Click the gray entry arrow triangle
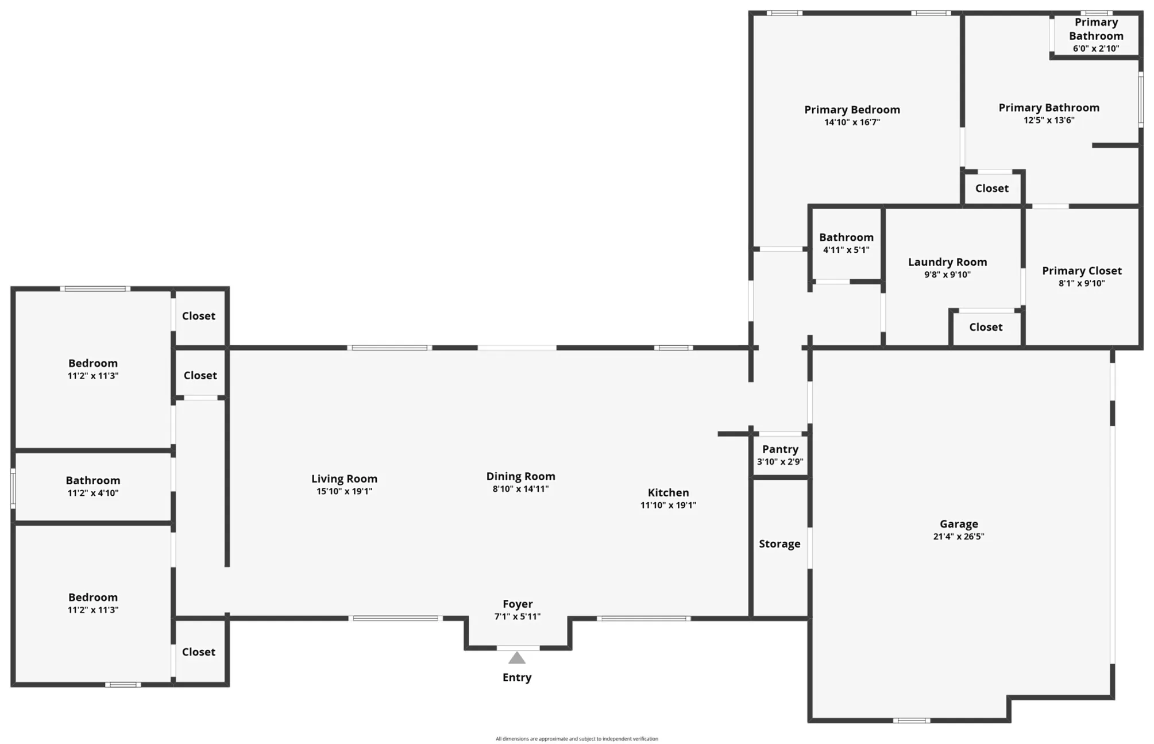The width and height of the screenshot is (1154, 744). click(517, 658)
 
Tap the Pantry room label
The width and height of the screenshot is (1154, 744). click(780, 449)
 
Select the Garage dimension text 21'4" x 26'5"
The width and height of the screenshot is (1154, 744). click(959, 537)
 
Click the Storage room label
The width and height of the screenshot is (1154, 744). click(779, 544)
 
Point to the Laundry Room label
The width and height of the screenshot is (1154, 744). click(948, 262)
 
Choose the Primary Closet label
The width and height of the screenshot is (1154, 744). click(1082, 271)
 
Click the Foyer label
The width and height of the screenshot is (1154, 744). click(518, 604)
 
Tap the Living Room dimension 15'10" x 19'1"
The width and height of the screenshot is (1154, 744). click(344, 491)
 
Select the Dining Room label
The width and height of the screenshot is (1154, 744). click(520, 476)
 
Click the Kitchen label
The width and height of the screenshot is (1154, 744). click(668, 492)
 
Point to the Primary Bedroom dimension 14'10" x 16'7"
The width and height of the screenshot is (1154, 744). click(852, 122)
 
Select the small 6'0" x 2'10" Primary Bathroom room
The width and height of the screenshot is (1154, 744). click(1096, 34)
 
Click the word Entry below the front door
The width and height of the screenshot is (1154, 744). click(517, 677)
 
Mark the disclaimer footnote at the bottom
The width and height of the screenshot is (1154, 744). click(577, 739)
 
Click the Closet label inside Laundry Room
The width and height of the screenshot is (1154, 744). click(986, 327)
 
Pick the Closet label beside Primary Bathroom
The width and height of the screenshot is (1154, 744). click(992, 188)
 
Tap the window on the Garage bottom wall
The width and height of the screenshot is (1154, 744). click(911, 720)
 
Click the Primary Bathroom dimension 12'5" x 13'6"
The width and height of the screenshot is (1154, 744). click(1049, 121)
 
